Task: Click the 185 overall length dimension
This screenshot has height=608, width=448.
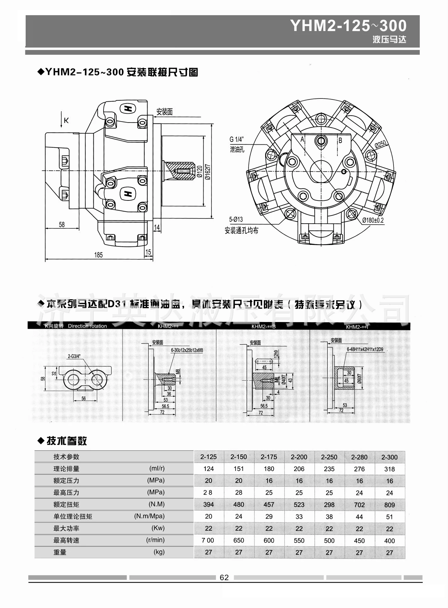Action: pyautogui.click(x=98, y=255)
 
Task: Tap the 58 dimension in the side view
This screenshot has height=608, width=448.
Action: pyautogui.click(x=62, y=225)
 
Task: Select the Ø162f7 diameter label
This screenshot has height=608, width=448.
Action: pyautogui.click(x=208, y=172)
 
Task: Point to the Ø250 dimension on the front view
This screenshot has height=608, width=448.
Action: pyautogui.click(x=381, y=145)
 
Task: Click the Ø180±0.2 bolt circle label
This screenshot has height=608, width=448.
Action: pyautogui.click(x=373, y=220)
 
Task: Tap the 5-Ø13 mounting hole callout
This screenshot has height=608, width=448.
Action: pyautogui.click(x=236, y=219)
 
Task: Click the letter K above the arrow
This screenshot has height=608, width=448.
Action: pyautogui.click(x=66, y=120)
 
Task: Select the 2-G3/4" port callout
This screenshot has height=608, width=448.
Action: pyautogui.click(x=74, y=356)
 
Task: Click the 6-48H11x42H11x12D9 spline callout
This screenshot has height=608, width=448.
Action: pyautogui.click(x=365, y=350)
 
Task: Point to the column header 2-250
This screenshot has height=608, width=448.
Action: pyautogui.click(x=329, y=457)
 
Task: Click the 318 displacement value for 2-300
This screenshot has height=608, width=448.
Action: pyautogui.click(x=389, y=469)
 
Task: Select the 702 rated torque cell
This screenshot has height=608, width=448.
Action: pyautogui.click(x=359, y=505)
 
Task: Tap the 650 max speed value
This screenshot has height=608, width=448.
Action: pyautogui.click(x=239, y=541)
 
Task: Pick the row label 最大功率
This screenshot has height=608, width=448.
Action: pyautogui.click(x=66, y=528)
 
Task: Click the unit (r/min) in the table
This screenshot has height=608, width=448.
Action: pyautogui.click(x=155, y=540)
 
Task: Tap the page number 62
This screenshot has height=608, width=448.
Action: pyautogui.click(x=224, y=578)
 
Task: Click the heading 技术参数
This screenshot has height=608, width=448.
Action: pyautogui.click(x=66, y=441)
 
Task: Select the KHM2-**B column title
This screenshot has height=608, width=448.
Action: pyautogui.click(x=263, y=326)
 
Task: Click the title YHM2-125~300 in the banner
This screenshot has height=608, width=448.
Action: pyautogui.click(x=348, y=26)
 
